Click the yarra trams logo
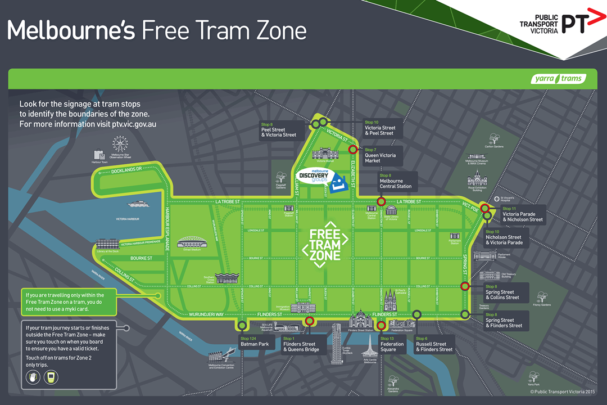point(558,79)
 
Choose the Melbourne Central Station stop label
point(395,181)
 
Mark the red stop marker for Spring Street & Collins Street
point(465,286)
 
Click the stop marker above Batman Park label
point(242,325)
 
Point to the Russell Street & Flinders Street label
point(434,344)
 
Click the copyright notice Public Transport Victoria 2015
point(563,391)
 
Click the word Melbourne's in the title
point(71,30)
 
